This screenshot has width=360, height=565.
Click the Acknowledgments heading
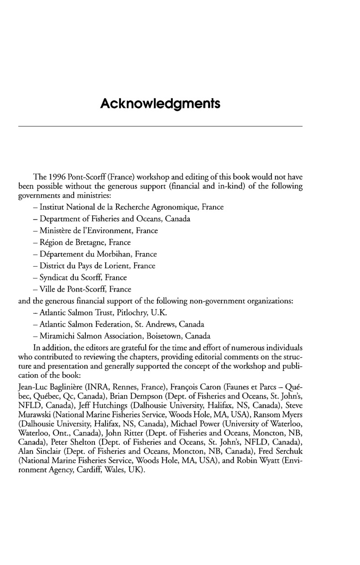tap(160, 104)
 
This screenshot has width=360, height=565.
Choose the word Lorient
tap(118, 266)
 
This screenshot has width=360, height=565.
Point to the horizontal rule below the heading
tap(160, 126)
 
